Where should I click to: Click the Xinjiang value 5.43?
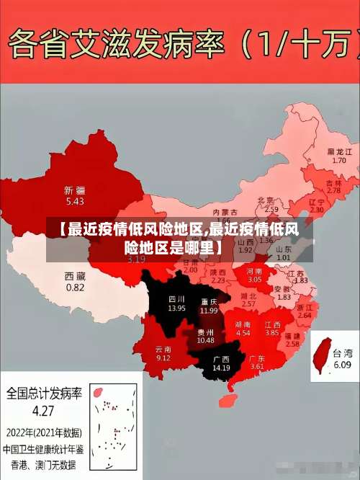[x=75, y=201]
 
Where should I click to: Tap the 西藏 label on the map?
[x=75, y=276]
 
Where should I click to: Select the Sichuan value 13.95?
[x=176, y=308]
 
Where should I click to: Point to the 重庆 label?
[x=210, y=301]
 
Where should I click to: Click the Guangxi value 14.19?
[x=221, y=368]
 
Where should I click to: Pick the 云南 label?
[x=163, y=349]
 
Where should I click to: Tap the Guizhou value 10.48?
[x=205, y=340]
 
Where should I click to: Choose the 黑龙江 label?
[x=339, y=152]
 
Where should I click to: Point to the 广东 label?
[x=257, y=358]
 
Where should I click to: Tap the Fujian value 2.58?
[x=292, y=344]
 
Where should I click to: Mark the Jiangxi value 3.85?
[x=271, y=333]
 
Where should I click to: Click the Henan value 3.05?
[x=255, y=278]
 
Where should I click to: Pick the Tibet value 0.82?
[x=75, y=287]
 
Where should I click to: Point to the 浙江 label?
[x=305, y=306]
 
